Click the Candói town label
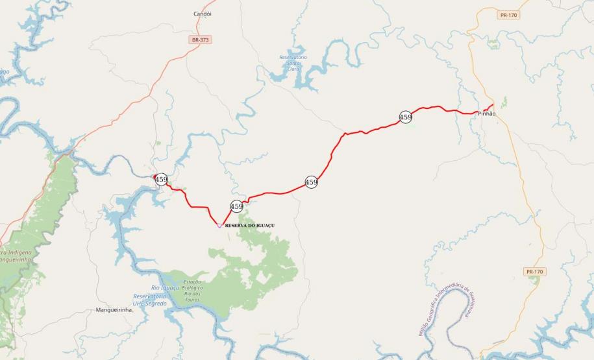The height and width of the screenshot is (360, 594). click(x=203, y=14)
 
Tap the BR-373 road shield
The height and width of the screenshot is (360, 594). click(x=201, y=40)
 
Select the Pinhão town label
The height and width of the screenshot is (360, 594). click(x=486, y=114)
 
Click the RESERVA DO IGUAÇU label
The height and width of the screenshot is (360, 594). click(x=249, y=225)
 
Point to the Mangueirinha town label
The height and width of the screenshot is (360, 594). click(x=114, y=310)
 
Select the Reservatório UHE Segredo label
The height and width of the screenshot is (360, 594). click(x=149, y=300)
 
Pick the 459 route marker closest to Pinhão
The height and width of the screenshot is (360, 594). click(x=406, y=117)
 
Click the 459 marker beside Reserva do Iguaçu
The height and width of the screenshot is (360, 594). click(x=236, y=206)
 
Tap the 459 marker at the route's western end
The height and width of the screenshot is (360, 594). click(x=161, y=180)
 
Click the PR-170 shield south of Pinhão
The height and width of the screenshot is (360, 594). click(x=534, y=272)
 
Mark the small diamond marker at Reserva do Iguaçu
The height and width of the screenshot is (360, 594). click(x=219, y=225)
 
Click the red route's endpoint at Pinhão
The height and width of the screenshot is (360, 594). click(x=493, y=104)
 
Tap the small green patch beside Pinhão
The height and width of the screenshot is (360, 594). click(x=504, y=102)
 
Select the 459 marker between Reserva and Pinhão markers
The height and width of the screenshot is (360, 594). click(x=312, y=182)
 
